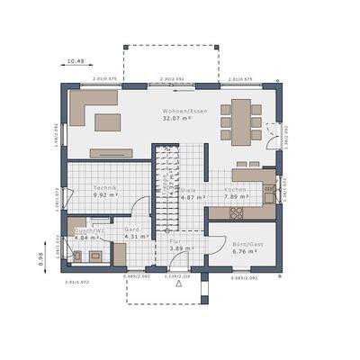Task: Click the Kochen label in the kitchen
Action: tap(235, 190)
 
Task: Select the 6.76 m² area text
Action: tap(245, 253)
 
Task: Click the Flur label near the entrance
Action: tap(176, 240)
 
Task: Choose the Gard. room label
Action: tap(132, 229)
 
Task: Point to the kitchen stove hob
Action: tap(238, 214)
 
